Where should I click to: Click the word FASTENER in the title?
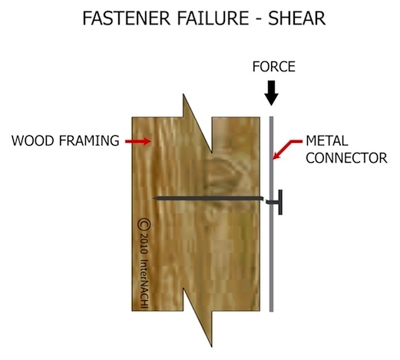127,18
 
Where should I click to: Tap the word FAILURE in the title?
213,18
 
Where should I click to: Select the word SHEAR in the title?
297,18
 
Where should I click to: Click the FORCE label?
274,67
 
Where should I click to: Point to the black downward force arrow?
271,93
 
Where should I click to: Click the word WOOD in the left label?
32,140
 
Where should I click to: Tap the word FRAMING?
89,140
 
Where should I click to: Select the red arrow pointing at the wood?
137,141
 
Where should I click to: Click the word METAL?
327,140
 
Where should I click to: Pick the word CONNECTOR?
346,158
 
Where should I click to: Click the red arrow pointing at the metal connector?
286,149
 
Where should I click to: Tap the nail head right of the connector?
280,202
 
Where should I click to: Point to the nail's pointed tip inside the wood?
154,198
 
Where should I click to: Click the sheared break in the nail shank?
265,200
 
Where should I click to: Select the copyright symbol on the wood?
144,224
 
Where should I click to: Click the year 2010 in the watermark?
144,243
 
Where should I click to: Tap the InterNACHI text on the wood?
144,284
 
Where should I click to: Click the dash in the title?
259,20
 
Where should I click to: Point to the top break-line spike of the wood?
183,94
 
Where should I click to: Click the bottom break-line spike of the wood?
212,346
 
